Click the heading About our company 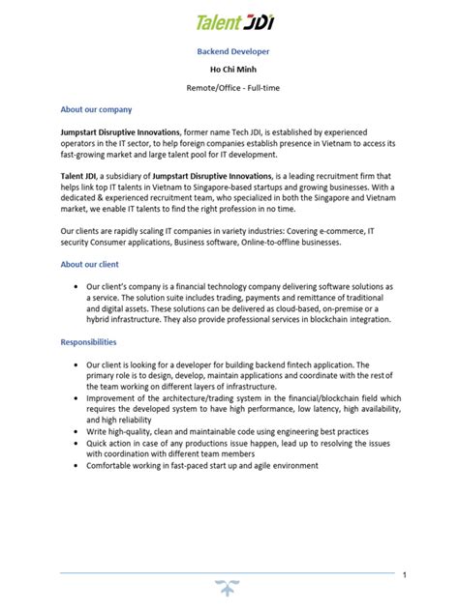[x=96, y=109]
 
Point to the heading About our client [x=89, y=264]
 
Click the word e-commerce [x=343, y=232]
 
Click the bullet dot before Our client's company [x=76, y=287]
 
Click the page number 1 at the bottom [x=404, y=575]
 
